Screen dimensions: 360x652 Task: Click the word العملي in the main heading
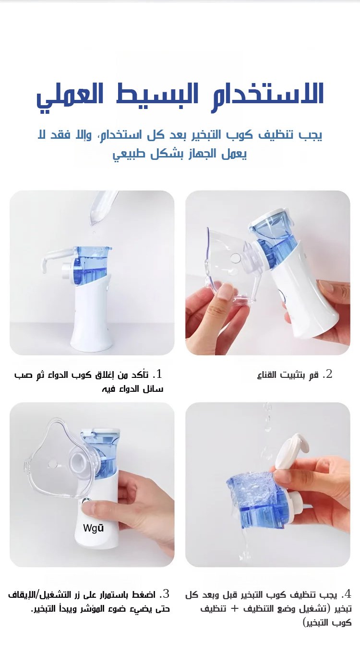pos(70,96)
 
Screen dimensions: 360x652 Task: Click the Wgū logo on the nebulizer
pos(94,528)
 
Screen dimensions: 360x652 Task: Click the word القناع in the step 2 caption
pos(267,375)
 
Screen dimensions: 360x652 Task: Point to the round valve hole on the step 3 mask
pos(52,464)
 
